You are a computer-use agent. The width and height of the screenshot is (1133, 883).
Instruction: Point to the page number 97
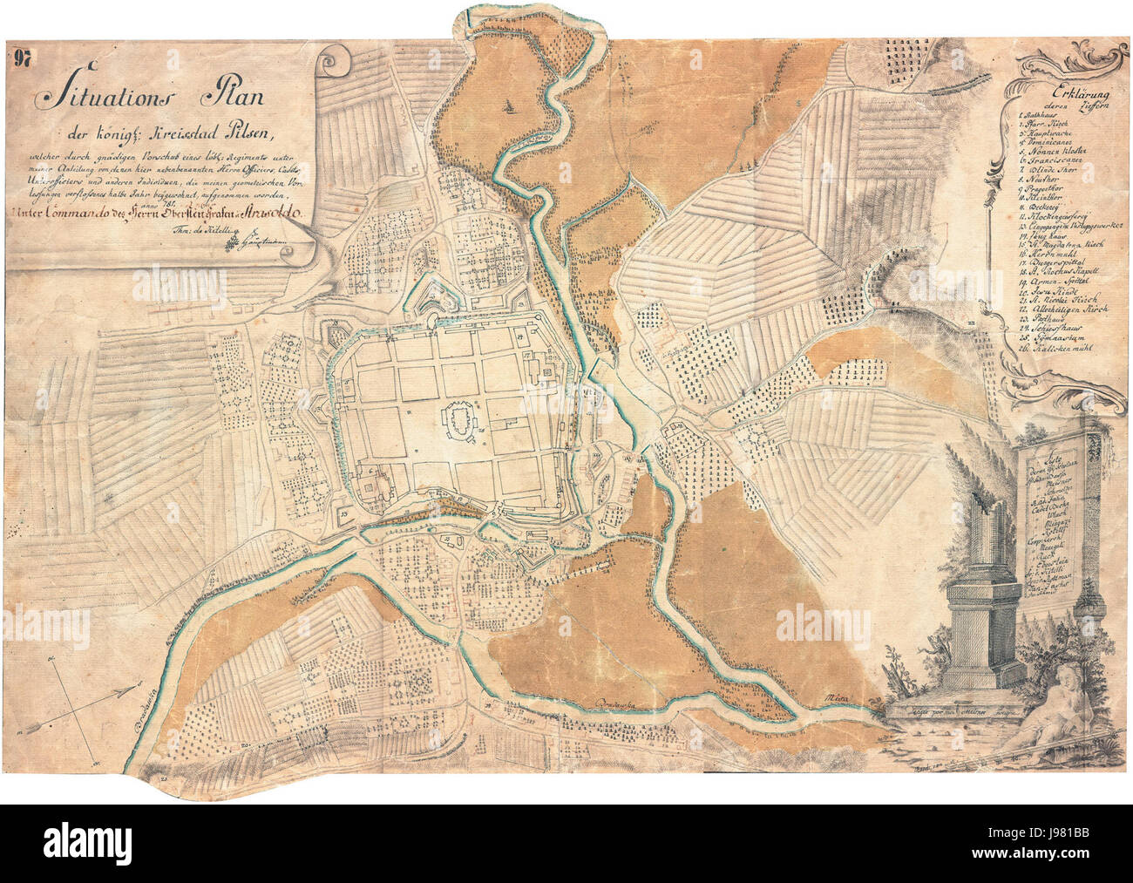click(x=23, y=59)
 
